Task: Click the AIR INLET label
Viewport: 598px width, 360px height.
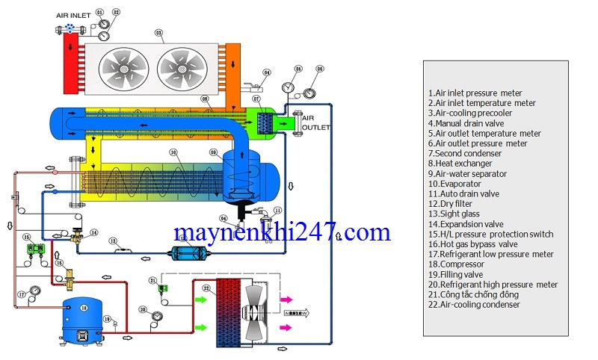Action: (73, 15)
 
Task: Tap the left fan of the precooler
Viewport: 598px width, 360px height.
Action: (124, 68)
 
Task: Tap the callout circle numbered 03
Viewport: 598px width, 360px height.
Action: (158, 32)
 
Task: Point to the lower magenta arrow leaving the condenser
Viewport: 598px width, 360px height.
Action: (286, 327)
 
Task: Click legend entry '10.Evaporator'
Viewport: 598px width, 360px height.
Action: (457, 184)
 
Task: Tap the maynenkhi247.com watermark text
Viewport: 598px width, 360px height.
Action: (282, 232)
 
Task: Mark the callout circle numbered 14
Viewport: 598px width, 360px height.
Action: (94, 233)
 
